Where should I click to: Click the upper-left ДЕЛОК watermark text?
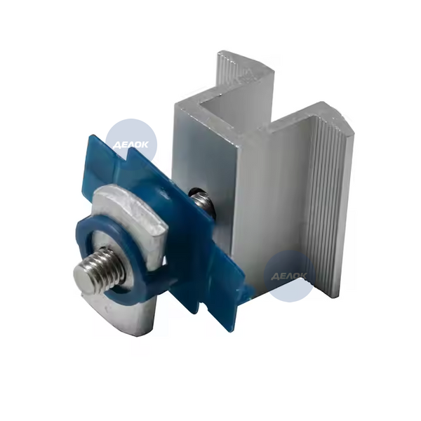[x=131, y=145]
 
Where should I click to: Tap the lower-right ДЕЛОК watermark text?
[x=288, y=276]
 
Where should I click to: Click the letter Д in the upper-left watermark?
[x=116, y=145]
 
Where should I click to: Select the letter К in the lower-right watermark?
[x=303, y=276]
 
